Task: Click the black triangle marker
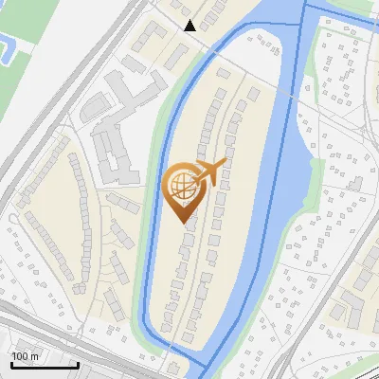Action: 190,26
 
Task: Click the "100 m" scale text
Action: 25,355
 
